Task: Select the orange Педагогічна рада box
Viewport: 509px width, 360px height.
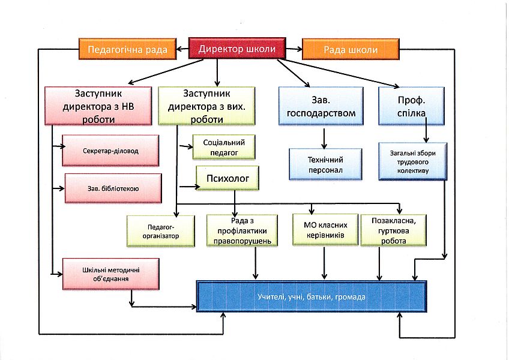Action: (x=127, y=49)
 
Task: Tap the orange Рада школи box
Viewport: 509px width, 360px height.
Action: (x=351, y=50)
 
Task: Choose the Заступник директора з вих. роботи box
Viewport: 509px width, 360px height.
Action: (x=206, y=106)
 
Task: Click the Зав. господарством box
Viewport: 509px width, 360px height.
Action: (x=321, y=106)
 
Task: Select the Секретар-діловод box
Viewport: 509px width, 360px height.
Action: (x=110, y=150)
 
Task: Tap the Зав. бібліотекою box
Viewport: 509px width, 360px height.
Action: (x=113, y=188)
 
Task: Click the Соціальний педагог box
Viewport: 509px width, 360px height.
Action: (x=223, y=147)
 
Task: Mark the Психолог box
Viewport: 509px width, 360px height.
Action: (x=227, y=178)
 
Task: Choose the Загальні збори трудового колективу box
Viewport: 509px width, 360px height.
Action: (x=413, y=160)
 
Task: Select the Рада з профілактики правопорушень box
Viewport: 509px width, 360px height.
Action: (x=242, y=230)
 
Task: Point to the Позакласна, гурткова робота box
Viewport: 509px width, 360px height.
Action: (x=394, y=230)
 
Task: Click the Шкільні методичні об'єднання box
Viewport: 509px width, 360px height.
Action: (x=110, y=274)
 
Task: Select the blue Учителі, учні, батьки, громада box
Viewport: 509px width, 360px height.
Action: (x=312, y=296)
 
